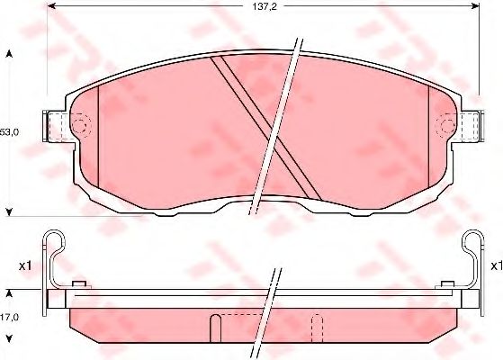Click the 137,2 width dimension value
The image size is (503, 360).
pyautogui.click(x=264, y=6)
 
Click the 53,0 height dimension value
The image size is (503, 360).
pyautogui.click(x=9, y=132)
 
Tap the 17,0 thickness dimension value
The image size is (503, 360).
pyautogui.click(x=9, y=317)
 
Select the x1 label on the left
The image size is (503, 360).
pyautogui.click(x=25, y=265)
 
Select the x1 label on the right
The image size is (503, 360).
pyautogui.click(x=497, y=265)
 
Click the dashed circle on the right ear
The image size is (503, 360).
pyautogui.click(x=447, y=125)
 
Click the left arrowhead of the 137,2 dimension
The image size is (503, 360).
pyautogui.click(x=51, y=5)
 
